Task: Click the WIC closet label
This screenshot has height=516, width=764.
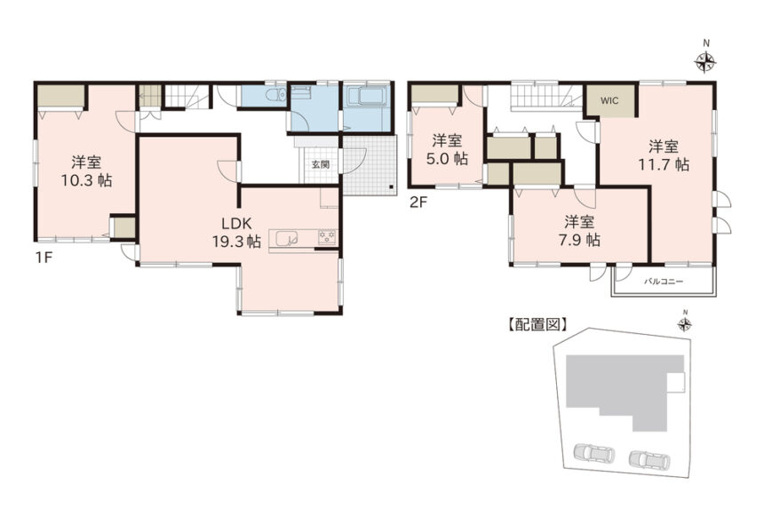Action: [x=609, y=101]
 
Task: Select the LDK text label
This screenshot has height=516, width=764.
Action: [x=236, y=224]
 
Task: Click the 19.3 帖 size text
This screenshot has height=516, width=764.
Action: [x=236, y=242]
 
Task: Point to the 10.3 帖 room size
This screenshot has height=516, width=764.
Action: [x=86, y=180]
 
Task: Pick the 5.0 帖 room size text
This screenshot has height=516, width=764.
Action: [x=447, y=159]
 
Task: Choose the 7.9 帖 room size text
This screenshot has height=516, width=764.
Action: [x=579, y=240]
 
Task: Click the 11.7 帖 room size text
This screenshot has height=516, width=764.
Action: [x=664, y=164]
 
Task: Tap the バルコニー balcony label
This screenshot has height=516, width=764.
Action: [x=664, y=282]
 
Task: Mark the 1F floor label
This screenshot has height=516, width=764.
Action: [x=43, y=258]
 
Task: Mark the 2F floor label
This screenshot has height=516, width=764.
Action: [x=418, y=202]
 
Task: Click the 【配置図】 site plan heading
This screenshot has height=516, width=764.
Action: [x=537, y=324]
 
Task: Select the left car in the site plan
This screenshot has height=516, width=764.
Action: [x=594, y=453]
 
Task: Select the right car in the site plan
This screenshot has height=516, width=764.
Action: [x=649, y=458]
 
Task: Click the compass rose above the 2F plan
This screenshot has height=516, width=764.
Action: [x=705, y=61]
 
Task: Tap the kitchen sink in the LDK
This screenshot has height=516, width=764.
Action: [x=286, y=238]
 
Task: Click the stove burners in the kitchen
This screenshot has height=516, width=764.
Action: [x=328, y=236]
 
